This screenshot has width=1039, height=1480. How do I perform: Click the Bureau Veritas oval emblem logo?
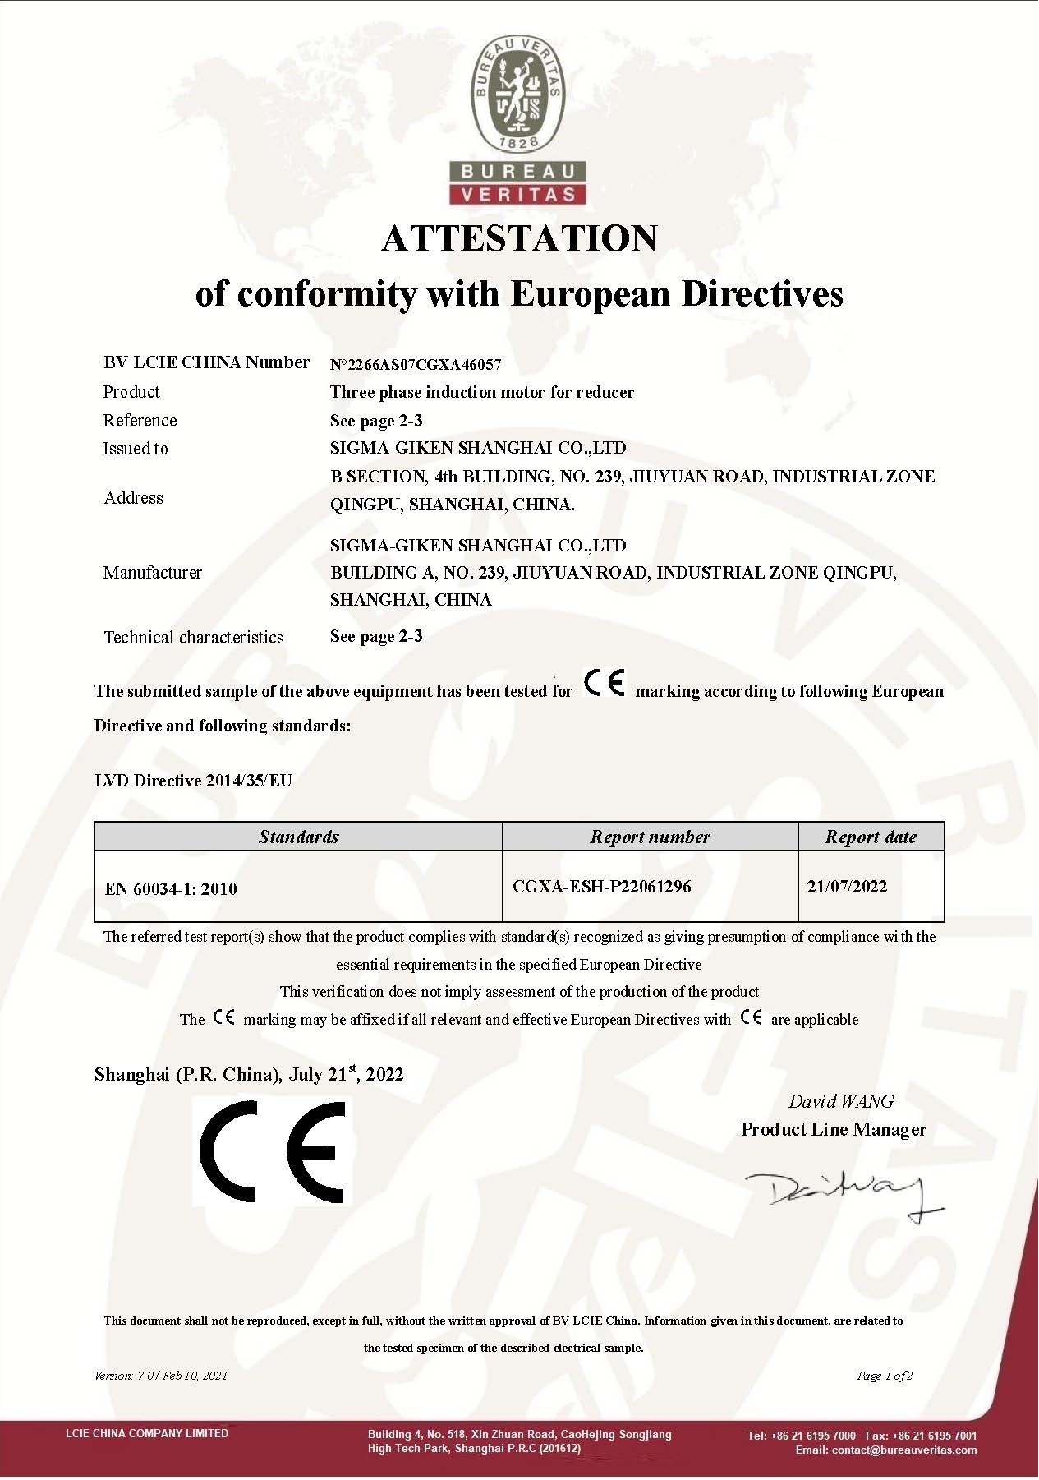coord(518,97)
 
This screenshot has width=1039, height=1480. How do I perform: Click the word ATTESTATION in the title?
coord(519,239)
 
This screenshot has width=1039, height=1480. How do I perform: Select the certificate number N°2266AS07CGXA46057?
coord(416,365)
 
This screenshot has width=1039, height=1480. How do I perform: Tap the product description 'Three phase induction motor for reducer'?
coord(482,393)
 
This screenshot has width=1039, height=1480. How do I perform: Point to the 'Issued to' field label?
coord(136,449)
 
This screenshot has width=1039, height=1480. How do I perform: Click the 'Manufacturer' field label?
coord(153,573)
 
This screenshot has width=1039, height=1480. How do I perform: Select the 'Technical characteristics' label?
coord(194,638)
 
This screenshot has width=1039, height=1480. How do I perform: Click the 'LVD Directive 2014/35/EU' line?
coord(194,781)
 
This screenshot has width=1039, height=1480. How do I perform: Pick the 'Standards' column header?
coord(298,837)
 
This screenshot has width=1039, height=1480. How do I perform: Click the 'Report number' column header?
coord(650,837)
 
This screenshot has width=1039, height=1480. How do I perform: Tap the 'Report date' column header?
coord(871,837)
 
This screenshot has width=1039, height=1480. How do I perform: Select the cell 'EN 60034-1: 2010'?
coord(171,889)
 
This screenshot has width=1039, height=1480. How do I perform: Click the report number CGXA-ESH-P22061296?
coord(602,887)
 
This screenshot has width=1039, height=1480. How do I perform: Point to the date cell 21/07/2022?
coord(847,887)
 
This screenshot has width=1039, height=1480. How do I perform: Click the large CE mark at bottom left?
coord(273,1151)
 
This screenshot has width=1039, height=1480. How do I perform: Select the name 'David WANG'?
coord(841,1102)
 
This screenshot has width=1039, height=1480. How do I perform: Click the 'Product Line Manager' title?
coord(834,1130)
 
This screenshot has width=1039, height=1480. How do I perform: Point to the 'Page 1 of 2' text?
coord(885,1376)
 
